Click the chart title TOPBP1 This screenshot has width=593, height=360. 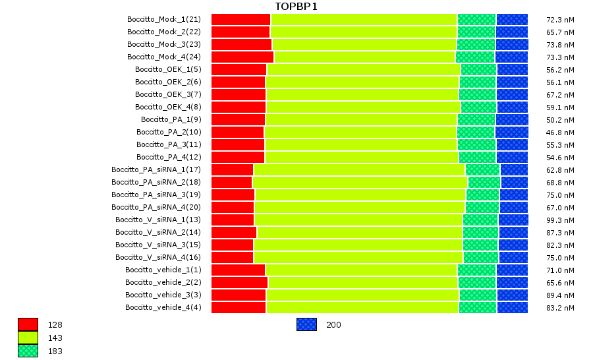296,7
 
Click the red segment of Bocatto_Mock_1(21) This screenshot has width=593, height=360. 240,19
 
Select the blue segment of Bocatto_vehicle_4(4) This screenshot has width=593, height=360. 512,307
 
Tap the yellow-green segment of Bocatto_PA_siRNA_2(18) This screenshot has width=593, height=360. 360,182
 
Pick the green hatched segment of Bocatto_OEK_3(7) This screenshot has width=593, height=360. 478,94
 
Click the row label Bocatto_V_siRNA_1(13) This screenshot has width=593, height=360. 158,220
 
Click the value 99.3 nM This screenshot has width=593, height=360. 561,220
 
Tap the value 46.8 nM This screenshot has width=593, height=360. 561,132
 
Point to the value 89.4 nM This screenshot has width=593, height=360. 561,295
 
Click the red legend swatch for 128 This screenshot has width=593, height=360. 28,324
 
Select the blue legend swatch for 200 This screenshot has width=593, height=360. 306,324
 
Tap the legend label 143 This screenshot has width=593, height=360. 55,338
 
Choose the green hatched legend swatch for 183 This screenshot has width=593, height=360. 28,351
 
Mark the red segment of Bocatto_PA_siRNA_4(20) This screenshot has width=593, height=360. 233,207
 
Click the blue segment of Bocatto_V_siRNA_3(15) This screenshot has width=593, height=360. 513,245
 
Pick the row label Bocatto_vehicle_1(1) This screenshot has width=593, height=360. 163,270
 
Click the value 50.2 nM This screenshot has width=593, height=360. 561,119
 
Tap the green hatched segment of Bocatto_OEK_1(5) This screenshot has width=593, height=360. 478,69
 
